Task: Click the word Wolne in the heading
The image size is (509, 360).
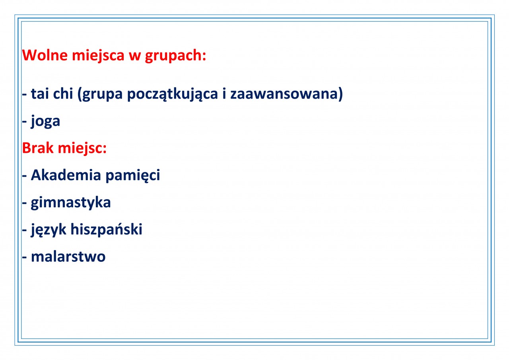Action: point(45,55)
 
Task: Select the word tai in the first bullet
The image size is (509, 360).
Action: point(40,93)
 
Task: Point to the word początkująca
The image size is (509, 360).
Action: point(173,95)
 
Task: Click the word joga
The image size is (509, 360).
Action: point(45,121)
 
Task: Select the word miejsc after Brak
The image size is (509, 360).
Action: point(82,149)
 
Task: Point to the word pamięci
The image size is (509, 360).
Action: point(133,176)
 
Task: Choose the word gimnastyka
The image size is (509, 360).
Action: point(71,203)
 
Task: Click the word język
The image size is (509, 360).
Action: point(49,230)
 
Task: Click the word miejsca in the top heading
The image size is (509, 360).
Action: point(98,56)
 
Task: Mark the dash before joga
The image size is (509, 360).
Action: point(24,122)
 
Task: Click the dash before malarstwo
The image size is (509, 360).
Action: point(24,258)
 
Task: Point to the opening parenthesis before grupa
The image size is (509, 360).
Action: point(80,95)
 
